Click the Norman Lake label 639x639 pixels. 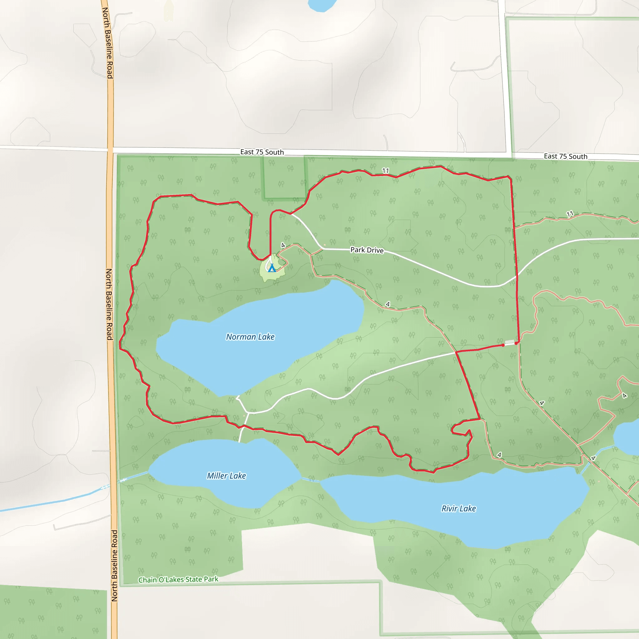pyautogui.click(x=250, y=337)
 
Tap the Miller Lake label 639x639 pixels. pyautogui.click(x=226, y=476)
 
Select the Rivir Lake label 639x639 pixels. pyautogui.click(x=458, y=508)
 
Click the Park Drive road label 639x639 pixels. pyautogui.click(x=367, y=250)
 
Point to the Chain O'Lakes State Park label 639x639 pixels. pyautogui.click(x=178, y=579)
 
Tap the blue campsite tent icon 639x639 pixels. pyautogui.click(x=272, y=268)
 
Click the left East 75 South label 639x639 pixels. pyautogui.click(x=262, y=152)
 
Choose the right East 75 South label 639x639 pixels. pyautogui.click(x=566, y=156)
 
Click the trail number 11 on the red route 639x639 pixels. pyautogui.click(x=386, y=171)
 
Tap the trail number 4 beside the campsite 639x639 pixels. pyautogui.click(x=283, y=245)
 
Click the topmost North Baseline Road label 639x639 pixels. pyautogui.click(x=108, y=43)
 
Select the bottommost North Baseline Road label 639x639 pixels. pyautogui.click(x=115, y=566)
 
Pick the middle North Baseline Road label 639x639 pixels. pyautogui.click(x=109, y=304)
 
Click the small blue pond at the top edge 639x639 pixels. pyautogui.click(x=321, y=5)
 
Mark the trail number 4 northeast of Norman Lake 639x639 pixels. pyautogui.click(x=388, y=304)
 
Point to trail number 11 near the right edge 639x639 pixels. pyautogui.click(x=569, y=214)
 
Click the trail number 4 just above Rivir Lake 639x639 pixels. pyautogui.click(x=500, y=455)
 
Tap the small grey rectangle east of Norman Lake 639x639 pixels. pyautogui.click(x=510, y=342)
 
